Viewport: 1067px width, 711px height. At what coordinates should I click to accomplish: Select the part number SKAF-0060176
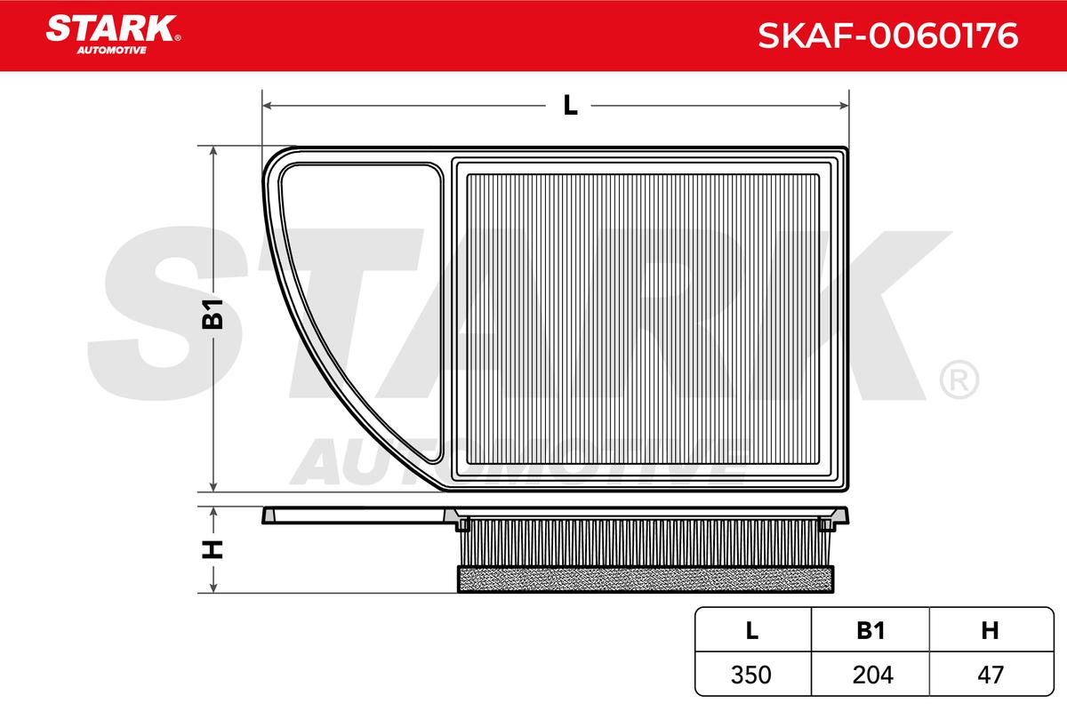pyautogui.click(x=888, y=36)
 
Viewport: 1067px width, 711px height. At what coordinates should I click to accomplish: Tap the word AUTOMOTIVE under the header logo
pyautogui.click(x=112, y=51)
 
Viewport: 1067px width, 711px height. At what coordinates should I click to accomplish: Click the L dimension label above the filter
pyautogui.click(x=570, y=105)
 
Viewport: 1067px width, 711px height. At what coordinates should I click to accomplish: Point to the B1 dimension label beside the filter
pyautogui.click(x=213, y=314)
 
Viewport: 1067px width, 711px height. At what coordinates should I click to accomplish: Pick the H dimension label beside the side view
pyautogui.click(x=213, y=549)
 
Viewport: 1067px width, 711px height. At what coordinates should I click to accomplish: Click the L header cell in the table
pyautogui.click(x=752, y=630)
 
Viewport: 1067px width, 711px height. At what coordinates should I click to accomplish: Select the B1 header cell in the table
pyautogui.click(x=870, y=630)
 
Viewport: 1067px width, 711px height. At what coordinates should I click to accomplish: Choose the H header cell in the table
pyautogui.click(x=991, y=630)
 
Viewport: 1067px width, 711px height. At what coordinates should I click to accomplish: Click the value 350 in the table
pyautogui.click(x=751, y=675)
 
